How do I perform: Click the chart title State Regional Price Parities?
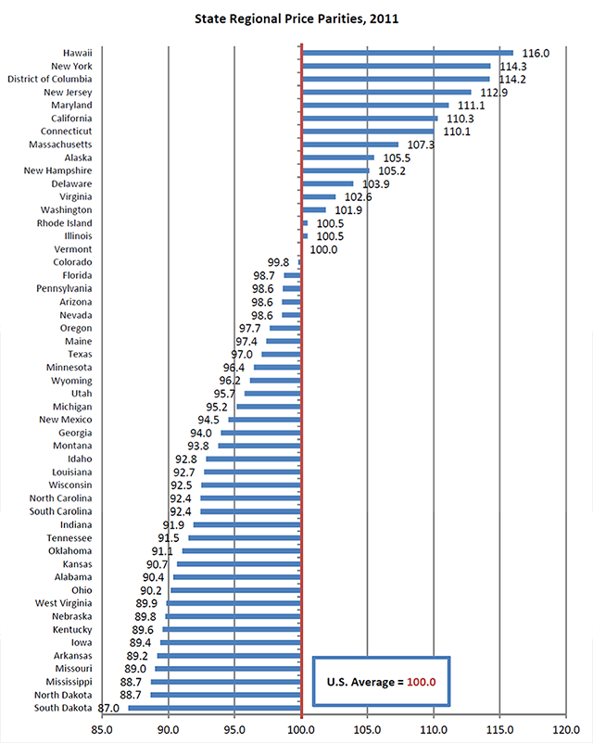point(296,18)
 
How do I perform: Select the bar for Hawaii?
point(408,53)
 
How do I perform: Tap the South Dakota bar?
point(215,708)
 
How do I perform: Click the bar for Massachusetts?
point(350,145)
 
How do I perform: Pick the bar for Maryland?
point(375,105)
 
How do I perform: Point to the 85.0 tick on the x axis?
point(102,729)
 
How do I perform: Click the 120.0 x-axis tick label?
point(566,729)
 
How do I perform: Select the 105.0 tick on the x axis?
point(368,729)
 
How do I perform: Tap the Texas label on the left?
point(79,354)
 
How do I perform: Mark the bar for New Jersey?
point(387,92)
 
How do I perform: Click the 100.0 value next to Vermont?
point(323,250)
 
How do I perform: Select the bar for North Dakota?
point(226,695)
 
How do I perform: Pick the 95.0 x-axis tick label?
point(234,729)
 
